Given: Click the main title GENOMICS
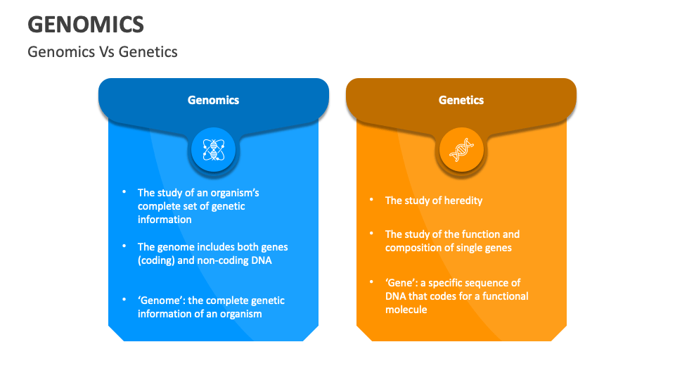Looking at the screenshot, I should (x=86, y=24).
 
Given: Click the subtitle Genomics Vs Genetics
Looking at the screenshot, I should (x=103, y=51).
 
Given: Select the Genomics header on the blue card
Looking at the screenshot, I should (x=213, y=100).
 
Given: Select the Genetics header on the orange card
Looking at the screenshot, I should (x=461, y=100).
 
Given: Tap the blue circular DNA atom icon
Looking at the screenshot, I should (x=213, y=149).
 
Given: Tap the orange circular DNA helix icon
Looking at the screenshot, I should (x=461, y=149).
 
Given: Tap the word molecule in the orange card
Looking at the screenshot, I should (x=406, y=310).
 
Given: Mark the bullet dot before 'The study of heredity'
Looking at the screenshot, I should (x=371, y=200).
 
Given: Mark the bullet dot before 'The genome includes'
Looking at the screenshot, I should (x=124, y=246).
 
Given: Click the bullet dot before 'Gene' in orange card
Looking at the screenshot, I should (x=371, y=282).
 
